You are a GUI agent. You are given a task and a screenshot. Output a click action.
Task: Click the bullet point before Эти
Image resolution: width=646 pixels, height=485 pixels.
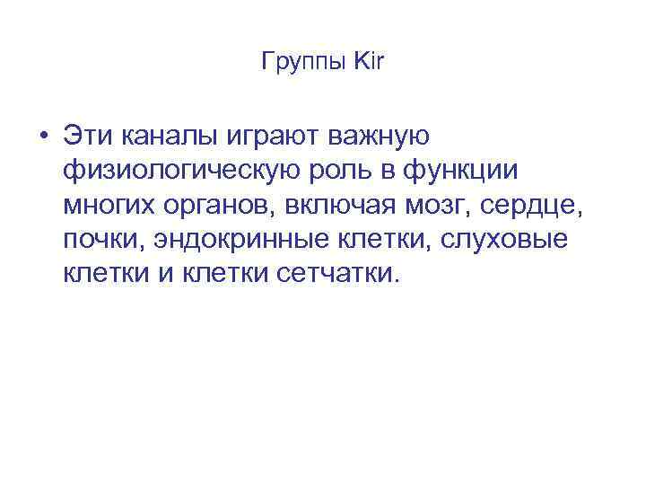[43, 137]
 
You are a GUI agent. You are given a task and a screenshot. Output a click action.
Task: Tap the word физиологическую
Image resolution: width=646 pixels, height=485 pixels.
[175, 172]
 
